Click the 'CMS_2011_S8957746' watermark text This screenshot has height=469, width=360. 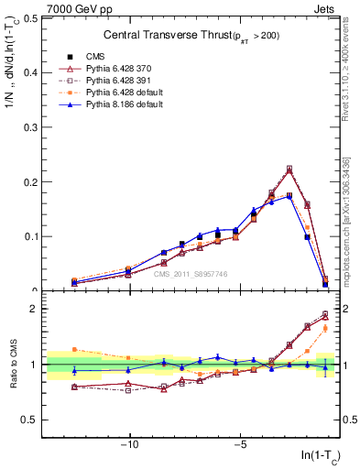(x=191, y=274)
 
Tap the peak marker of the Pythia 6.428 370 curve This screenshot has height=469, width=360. (x=289, y=169)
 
